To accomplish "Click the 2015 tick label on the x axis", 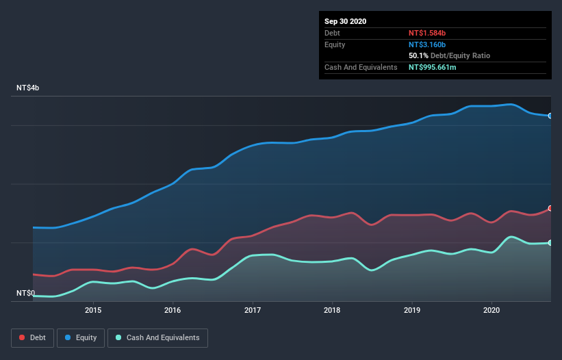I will pyautogui.click(x=93, y=309).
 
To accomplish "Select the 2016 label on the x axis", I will pyautogui.click(x=173, y=309).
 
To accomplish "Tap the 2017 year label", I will pyautogui.click(x=253, y=309).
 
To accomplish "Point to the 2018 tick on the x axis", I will pyautogui.click(x=332, y=309).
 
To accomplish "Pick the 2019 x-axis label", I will pyautogui.click(x=412, y=309).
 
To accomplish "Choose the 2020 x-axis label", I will pyautogui.click(x=491, y=309).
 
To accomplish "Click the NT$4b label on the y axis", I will pyautogui.click(x=28, y=88).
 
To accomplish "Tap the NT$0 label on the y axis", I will pyautogui.click(x=25, y=293).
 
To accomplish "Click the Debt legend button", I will pyautogui.click(x=31, y=337).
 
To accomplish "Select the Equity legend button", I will pyautogui.click(x=81, y=337).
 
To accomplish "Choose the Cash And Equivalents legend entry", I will pyautogui.click(x=157, y=337).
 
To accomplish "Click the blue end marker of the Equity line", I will pyautogui.click(x=550, y=116).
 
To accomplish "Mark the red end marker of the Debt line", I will pyautogui.click(x=550, y=208).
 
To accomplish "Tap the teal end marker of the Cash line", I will pyautogui.click(x=550, y=243).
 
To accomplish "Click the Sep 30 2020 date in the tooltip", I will pyautogui.click(x=345, y=21).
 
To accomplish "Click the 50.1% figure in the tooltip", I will pyautogui.click(x=418, y=55).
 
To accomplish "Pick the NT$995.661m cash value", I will pyautogui.click(x=437, y=67).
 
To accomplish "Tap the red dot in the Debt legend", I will pyautogui.click(x=23, y=337).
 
